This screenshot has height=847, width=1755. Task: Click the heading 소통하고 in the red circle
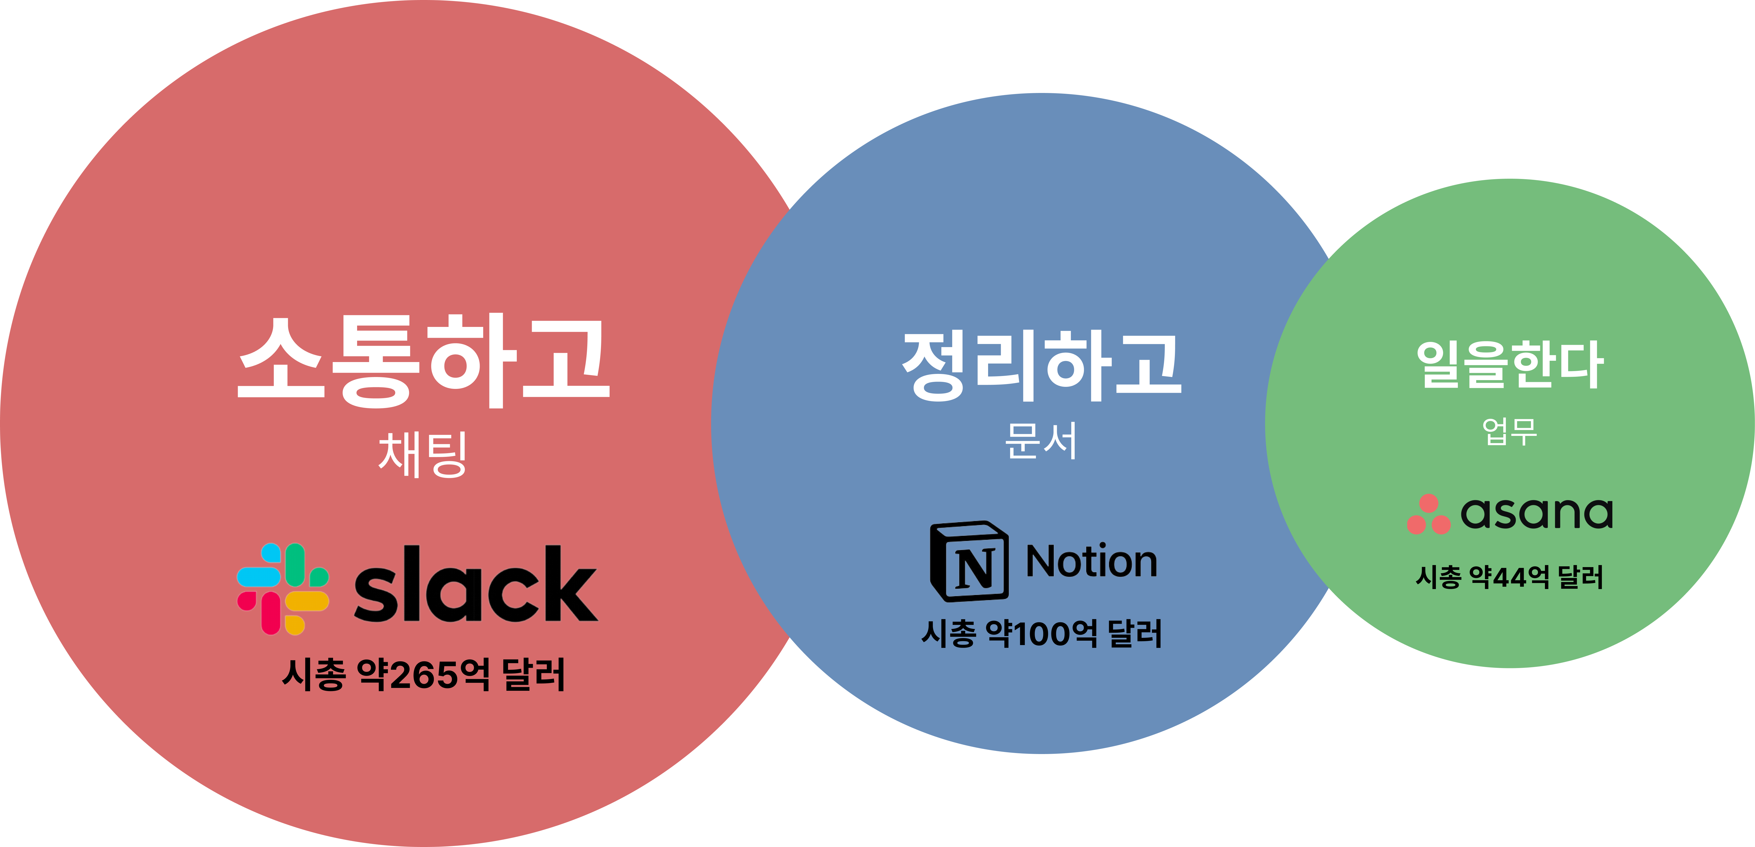tap(423, 361)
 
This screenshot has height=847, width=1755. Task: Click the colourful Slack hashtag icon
tap(283, 589)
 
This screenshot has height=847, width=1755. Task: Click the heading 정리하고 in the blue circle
tap(1042, 366)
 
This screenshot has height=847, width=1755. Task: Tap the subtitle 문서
tap(1041, 441)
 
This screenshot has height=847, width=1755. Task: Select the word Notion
tap(1091, 562)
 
